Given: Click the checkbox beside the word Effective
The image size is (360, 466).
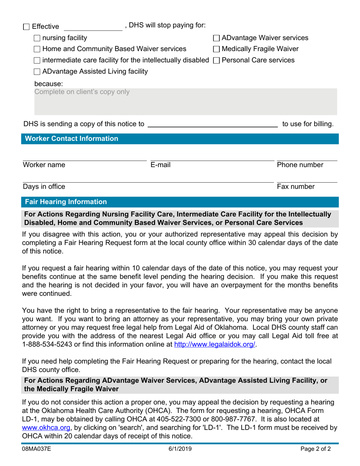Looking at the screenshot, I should click(x=26, y=27).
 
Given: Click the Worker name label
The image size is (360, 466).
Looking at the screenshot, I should click(x=44, y=165).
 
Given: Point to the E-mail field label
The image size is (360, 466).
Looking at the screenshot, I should click(x=160, y=165).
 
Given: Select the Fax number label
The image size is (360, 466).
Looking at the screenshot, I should click(x=296, y=186).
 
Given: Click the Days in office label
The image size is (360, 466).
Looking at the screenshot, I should click(x=44, y=186).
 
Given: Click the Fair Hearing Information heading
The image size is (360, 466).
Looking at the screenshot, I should click(x=66, y=202).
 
